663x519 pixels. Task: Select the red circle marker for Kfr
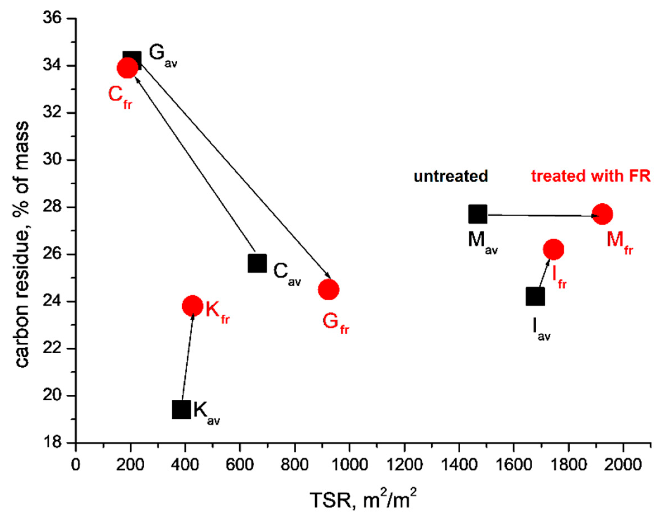(x=192, y=306)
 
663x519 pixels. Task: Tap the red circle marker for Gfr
(x=328, y=290)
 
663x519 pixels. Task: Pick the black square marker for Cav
(x=257, y=263)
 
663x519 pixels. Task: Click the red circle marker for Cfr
(x=127, y=68)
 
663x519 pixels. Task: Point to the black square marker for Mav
(x=478, y=214)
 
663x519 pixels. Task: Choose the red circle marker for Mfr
(x=602, y=214)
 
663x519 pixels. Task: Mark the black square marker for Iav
(x=535, y=296)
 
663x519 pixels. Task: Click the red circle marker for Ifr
(x=553, y=249)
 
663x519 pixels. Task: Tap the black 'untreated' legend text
(x=451, y=176)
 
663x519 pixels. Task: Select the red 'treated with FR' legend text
(x=591, y=176)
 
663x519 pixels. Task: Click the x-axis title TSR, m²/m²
(x=363, y=500)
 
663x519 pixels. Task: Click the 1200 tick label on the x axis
(x=404, y=465)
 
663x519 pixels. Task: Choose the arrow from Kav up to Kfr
(x=187, y=359)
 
